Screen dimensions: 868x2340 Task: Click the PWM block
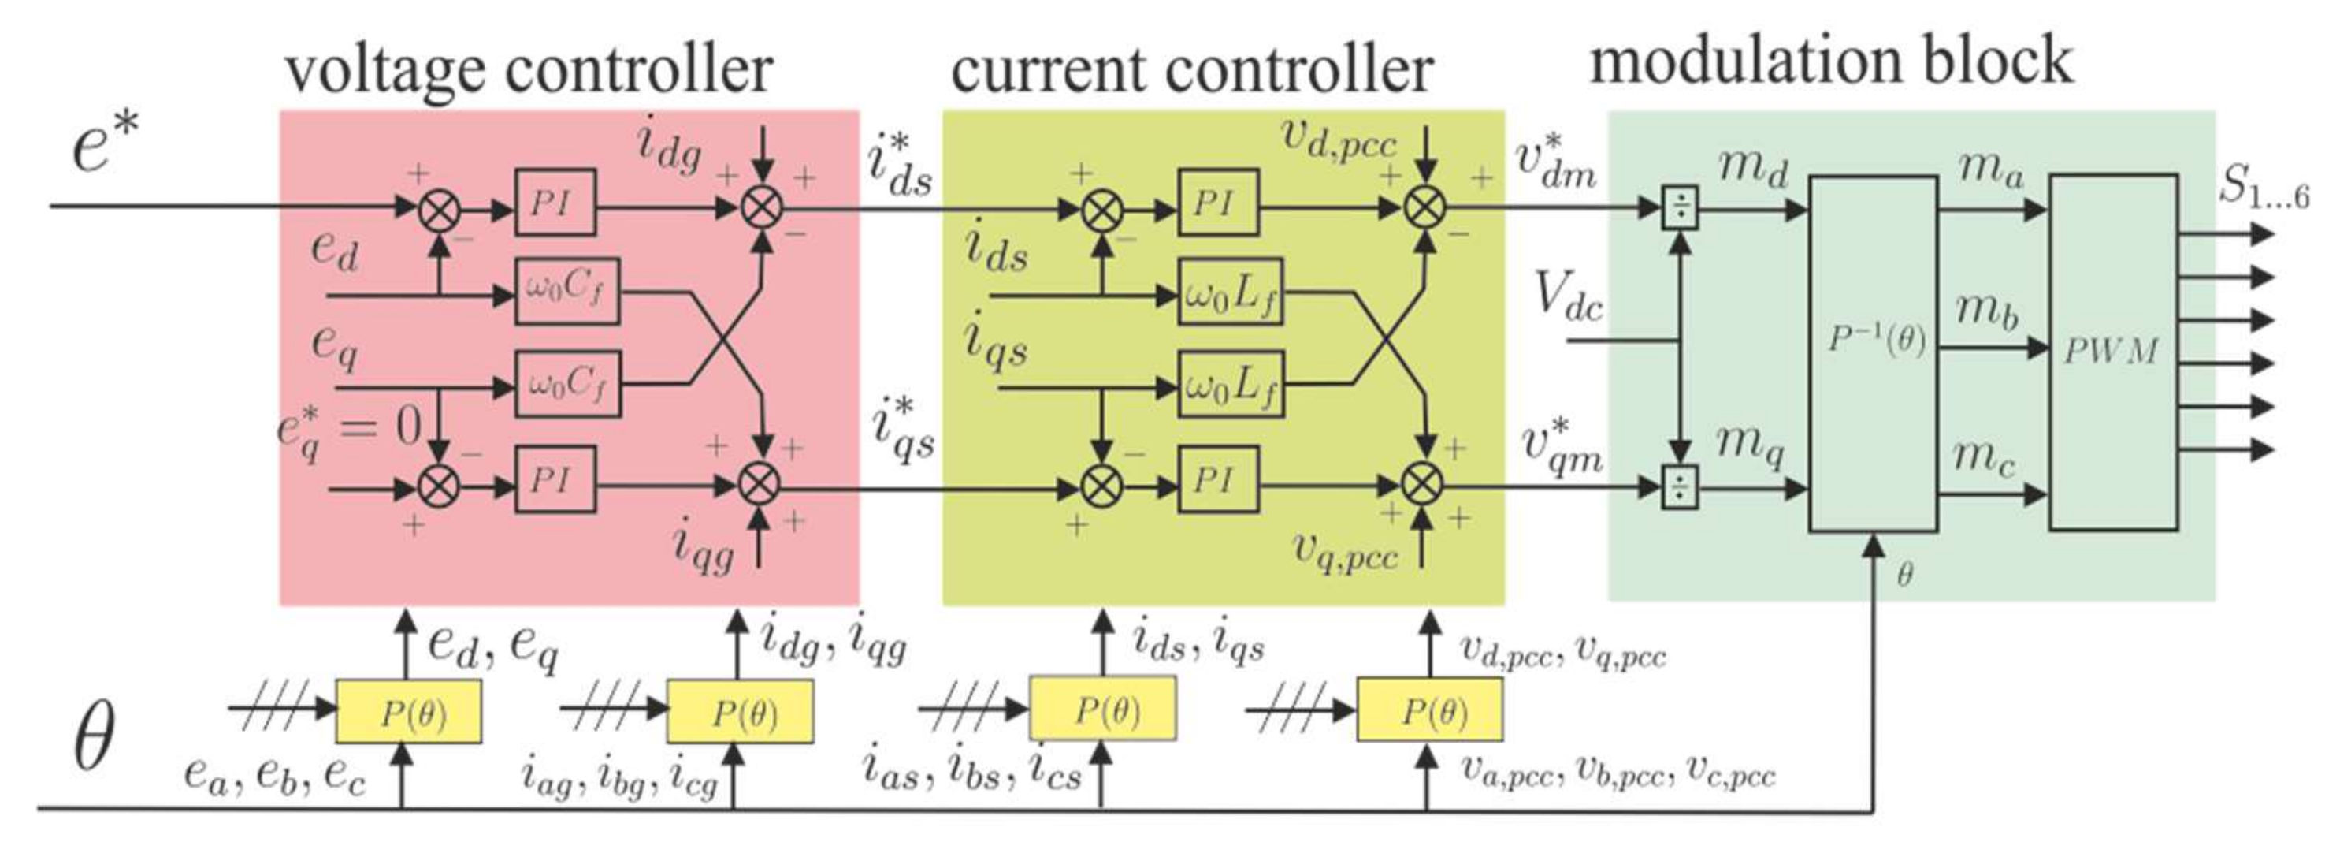coord(2113,352)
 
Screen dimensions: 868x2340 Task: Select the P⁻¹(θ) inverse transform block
coord(1873,352)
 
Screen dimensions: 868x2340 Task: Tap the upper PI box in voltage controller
coord(555,202)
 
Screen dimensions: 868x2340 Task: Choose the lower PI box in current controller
coord(1218,479)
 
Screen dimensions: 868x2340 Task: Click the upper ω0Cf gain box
coord(566,290)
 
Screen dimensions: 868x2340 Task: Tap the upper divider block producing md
coord(1681,208)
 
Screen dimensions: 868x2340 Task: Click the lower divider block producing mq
coord(1680,487)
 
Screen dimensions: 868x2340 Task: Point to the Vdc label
coord(1569,296)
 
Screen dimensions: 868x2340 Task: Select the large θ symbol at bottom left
coord(94,736)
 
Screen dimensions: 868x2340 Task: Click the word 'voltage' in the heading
coord(385,71)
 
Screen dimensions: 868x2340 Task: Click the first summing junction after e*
coord(439,210)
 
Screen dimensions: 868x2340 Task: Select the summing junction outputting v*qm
coord(1423,483)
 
